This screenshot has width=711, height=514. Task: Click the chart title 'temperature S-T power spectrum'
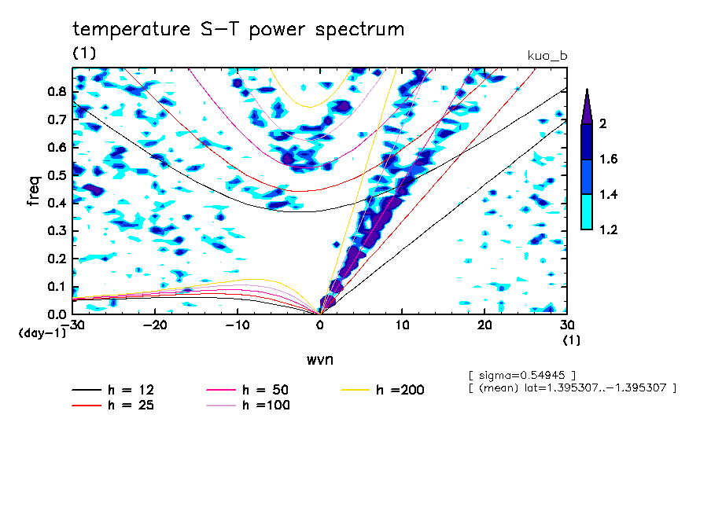238,30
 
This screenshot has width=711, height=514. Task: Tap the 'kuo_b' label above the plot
547,56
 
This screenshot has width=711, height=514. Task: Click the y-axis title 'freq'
34,191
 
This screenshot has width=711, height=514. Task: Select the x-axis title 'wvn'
319,359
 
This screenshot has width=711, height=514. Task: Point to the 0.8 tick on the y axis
56,91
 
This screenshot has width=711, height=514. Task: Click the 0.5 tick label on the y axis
56,175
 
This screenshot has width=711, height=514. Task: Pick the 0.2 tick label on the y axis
56,259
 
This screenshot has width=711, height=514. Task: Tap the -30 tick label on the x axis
74,325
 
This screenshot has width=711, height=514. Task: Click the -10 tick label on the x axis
238,325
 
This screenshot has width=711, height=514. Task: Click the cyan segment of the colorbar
587,212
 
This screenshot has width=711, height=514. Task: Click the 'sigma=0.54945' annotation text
522,374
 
